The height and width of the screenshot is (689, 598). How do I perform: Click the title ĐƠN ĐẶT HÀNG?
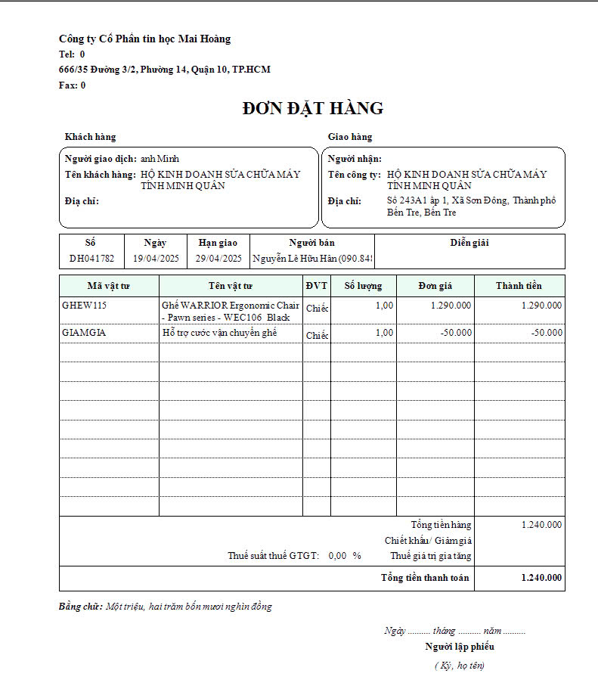click(313, 108)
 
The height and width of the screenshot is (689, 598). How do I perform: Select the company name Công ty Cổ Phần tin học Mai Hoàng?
click(145, 39)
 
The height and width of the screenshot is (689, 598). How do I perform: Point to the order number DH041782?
click(91, 258)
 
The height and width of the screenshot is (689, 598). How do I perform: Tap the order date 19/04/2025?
click(155, 258)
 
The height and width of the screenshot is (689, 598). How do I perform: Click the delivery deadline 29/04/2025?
click(218, 258)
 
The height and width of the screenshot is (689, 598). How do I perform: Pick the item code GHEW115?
click(85, 306)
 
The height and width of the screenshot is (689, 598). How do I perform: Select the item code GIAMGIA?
click(84, 333)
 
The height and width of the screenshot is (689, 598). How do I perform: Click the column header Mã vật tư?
click(109, 286)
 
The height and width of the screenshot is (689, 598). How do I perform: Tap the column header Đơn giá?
click(435, 286)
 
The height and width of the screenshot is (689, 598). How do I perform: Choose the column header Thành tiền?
click(519, 286)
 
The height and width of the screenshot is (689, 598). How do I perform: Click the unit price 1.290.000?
click(451, 306)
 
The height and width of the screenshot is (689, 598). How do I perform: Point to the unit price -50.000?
click(457, 333)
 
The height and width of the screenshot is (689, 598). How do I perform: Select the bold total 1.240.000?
click(541, 578)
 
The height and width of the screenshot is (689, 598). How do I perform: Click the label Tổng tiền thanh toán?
click(425, 578)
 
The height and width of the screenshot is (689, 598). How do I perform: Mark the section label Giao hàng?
click(350, 137)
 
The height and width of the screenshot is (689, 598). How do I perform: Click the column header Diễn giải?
click(469, 243)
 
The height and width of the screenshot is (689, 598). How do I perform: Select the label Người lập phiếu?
click(460, 647)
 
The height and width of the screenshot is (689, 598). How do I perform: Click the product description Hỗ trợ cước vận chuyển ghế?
click(220, 333)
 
